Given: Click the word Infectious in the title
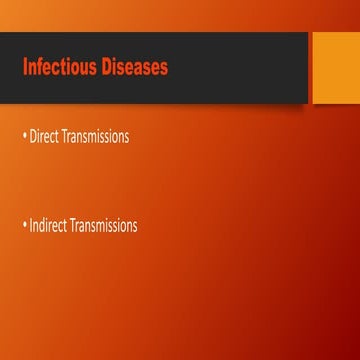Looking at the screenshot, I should (x=56, y=67).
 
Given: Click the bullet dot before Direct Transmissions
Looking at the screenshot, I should (x=25, y=136).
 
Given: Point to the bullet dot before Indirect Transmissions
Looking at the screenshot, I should (x=25, y=224).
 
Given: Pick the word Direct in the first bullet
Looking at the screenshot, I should (x=44, y=137).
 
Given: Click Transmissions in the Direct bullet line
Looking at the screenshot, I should (x=95, y=137).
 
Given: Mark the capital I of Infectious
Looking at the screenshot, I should (x=25, y=67).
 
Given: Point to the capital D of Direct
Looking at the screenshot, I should (x=33, y=137).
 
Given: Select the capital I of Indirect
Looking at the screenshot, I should (x=31, y=225).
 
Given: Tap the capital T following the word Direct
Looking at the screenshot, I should (x=64, y=137).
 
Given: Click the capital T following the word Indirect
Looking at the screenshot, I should (x=73, y=225).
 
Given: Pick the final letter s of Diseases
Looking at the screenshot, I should (x=163, y=68).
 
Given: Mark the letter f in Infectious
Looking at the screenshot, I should (x=39, y=67).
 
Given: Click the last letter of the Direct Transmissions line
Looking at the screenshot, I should (x=126, y=138).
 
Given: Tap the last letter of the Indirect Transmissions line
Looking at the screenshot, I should (x=135, y=226).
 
